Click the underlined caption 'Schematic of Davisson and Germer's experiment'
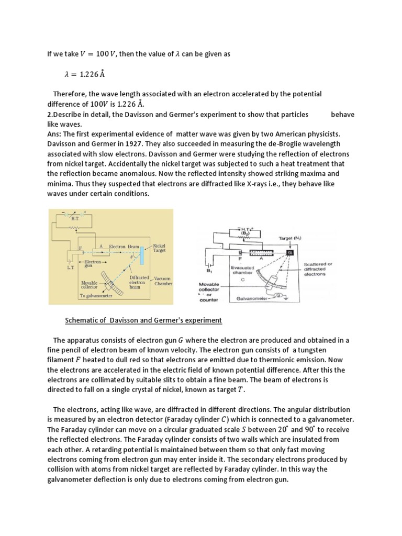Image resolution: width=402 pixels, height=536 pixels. point(143,320)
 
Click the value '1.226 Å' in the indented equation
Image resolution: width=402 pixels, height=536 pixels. point(92,74)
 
